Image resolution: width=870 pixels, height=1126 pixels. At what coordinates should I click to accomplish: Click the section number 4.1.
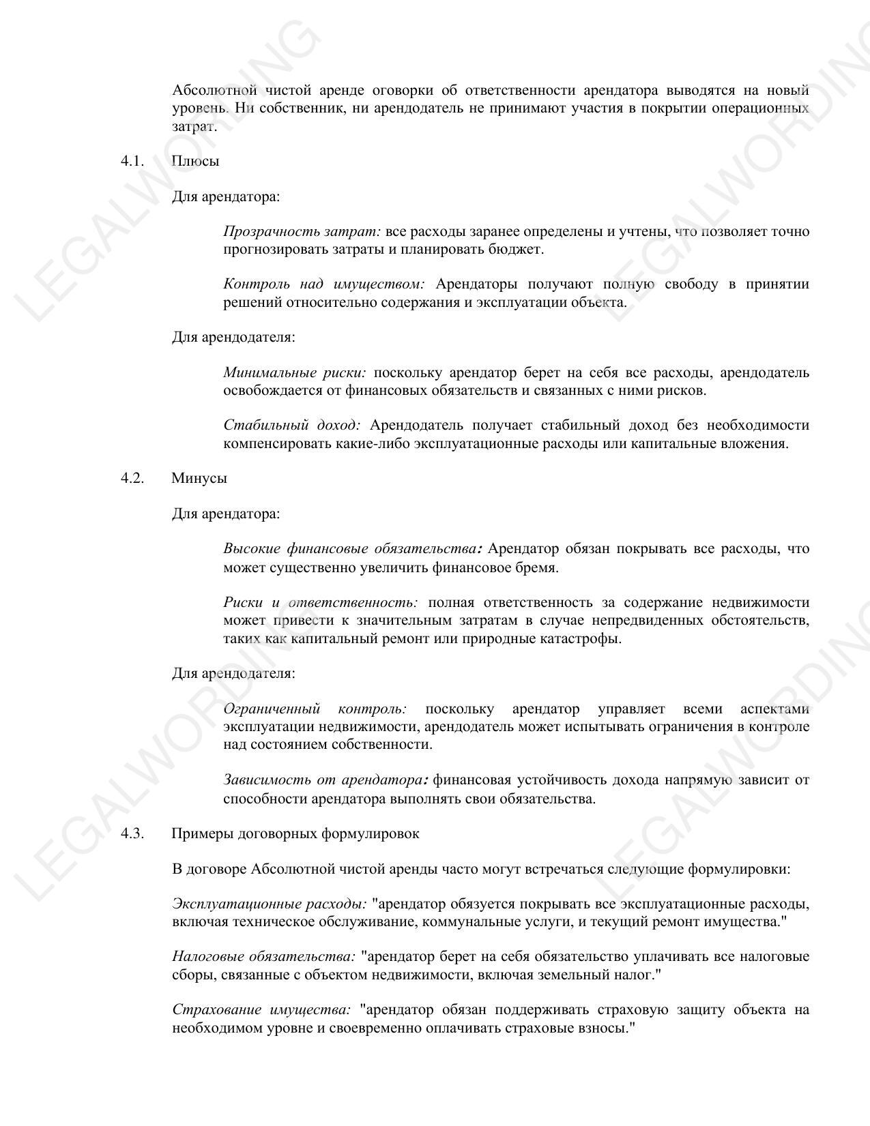click(x=132, y=161)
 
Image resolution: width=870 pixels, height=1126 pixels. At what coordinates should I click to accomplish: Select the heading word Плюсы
click(x=195, y=161)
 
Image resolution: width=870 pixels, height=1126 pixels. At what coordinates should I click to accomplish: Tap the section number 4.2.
click(x=132, y=478)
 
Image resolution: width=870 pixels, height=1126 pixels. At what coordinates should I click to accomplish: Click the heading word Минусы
click(x=199, y=478)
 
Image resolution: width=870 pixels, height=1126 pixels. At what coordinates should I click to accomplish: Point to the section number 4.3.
click(x=132, y=833)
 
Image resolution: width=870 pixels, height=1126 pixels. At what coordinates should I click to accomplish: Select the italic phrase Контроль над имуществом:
click(x=323, y=284)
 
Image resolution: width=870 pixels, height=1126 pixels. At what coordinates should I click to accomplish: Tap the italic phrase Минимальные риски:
click(x=295, y=373)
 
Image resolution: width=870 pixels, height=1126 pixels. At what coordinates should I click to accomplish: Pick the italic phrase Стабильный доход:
click(x=291, y=426)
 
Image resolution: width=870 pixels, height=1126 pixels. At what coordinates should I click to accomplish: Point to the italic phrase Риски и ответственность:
click(x=320, y=602)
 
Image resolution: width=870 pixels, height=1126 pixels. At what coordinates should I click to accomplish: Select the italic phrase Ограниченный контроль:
click(x=315, y=709)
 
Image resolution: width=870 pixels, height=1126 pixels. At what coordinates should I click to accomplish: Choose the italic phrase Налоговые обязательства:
click(x=263, y=957)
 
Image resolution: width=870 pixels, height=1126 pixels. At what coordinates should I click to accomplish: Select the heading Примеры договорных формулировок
click(x=295, y=833)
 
